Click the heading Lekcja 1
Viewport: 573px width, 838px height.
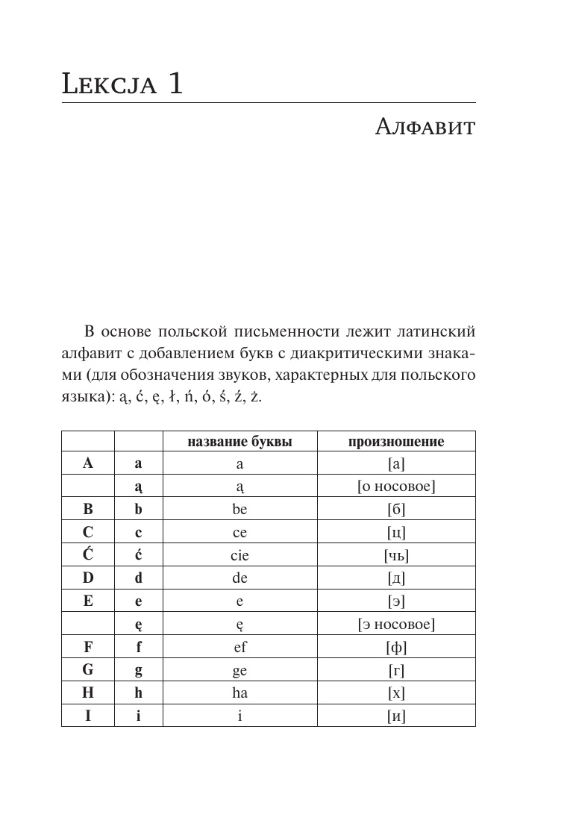(122, 83)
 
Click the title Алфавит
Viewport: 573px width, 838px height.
(423, 128)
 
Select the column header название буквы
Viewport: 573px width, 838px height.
(239, 442)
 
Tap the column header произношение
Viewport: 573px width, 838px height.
(396, 442)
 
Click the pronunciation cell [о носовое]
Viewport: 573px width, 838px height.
(396, 487)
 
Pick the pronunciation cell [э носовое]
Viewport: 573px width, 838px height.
(396, 624)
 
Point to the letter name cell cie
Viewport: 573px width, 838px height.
(239, 555)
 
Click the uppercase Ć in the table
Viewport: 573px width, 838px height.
(88, 554)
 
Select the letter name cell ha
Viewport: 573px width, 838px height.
(239, 692)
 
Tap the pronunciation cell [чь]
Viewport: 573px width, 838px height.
(396, 555)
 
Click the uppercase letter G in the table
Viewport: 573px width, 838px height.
(88, 669)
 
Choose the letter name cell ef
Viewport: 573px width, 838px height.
(239, 647)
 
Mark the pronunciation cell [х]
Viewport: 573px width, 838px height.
(396, 692)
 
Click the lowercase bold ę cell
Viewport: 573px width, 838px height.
(138, 625)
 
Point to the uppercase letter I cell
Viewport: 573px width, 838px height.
(88, 715)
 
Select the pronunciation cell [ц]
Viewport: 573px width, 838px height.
(396, 533)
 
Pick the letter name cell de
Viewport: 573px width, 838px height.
(239, 578)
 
